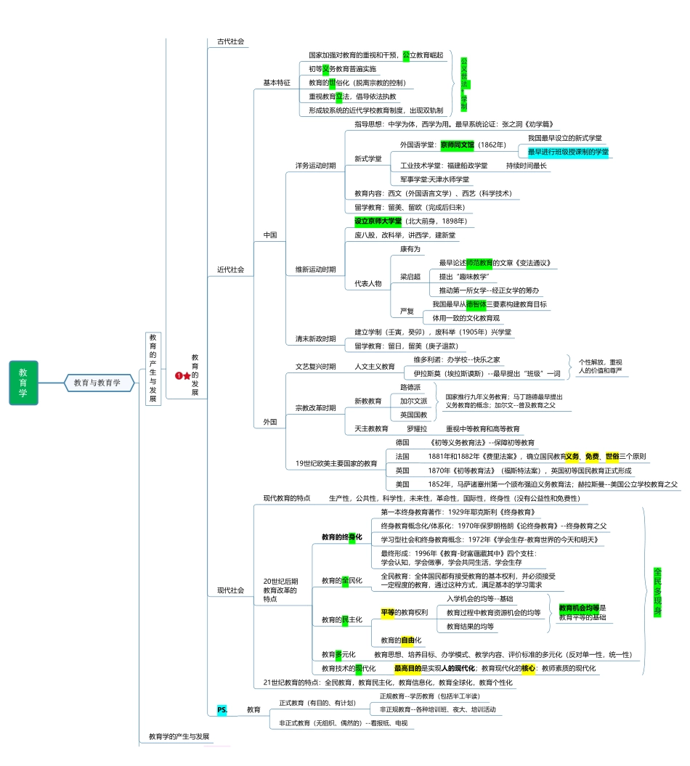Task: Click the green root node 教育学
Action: [23, 382]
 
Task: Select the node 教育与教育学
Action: [97, 383]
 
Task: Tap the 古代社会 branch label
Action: [230, 41]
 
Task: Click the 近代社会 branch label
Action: [230, 269]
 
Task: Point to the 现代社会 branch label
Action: [230, 590]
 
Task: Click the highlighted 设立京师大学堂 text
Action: [378, 221]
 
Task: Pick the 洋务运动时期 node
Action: [315, 166]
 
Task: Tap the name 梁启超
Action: [410, 277]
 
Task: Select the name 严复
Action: [407, 311]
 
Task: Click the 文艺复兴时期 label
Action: [315, 367]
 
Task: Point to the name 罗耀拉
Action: [416, 429]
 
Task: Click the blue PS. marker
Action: [222, 709]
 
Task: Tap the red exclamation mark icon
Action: [178, 375]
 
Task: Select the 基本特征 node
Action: [277, 83]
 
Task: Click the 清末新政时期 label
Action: [315, 339]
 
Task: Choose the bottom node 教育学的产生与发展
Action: [179, 736]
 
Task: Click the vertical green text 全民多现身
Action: [657, 591]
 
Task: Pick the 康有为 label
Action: [410, 249]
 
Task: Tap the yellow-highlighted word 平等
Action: [387, 612]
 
